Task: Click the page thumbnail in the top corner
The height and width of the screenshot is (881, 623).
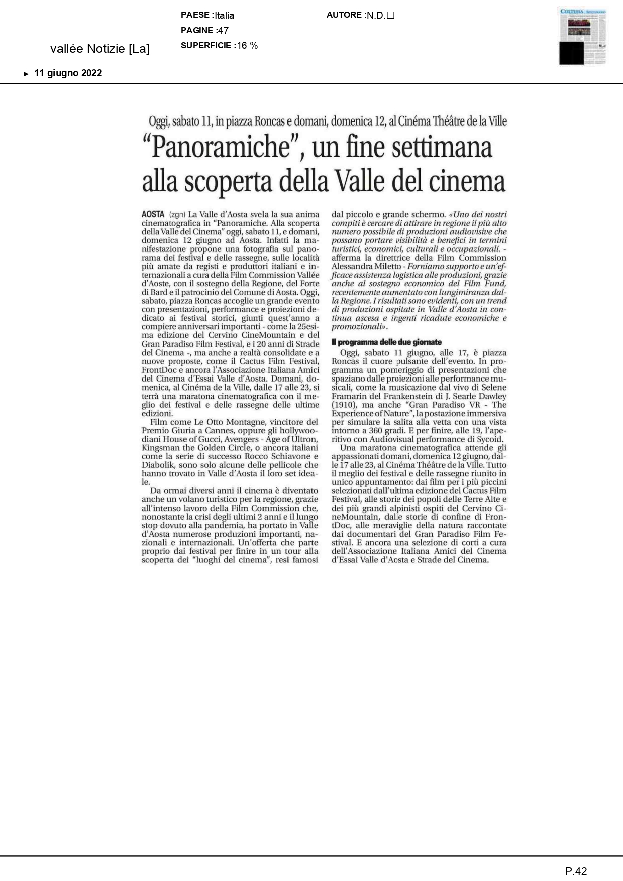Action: (x=582, y=36)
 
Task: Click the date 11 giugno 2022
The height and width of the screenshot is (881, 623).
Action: (x=68, y=73)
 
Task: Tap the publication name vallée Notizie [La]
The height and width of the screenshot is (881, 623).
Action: (x=100, y=49)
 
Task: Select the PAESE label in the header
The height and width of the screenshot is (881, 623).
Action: (x=195, y=15)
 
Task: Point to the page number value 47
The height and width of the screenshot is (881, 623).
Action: (x=223, y=30)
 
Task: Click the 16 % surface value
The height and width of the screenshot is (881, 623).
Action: (x=247, y=45)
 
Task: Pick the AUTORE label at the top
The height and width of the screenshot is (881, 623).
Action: (x=344, y=15)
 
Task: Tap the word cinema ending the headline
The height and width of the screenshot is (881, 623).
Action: (x=466, y=181)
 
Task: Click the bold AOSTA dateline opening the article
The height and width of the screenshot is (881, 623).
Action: (x=153, y=214)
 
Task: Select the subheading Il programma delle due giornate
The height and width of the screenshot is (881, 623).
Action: (x=386, y=342)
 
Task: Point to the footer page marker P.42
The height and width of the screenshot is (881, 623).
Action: (x=576, y=871)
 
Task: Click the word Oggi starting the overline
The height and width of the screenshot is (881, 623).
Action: (x=158, y=121)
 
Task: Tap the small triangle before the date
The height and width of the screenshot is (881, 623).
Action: (x=26, y=74)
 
